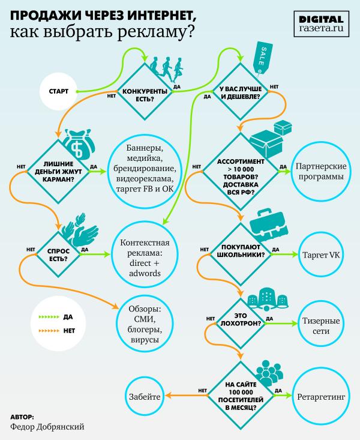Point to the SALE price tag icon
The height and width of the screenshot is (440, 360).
click(265, 57)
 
